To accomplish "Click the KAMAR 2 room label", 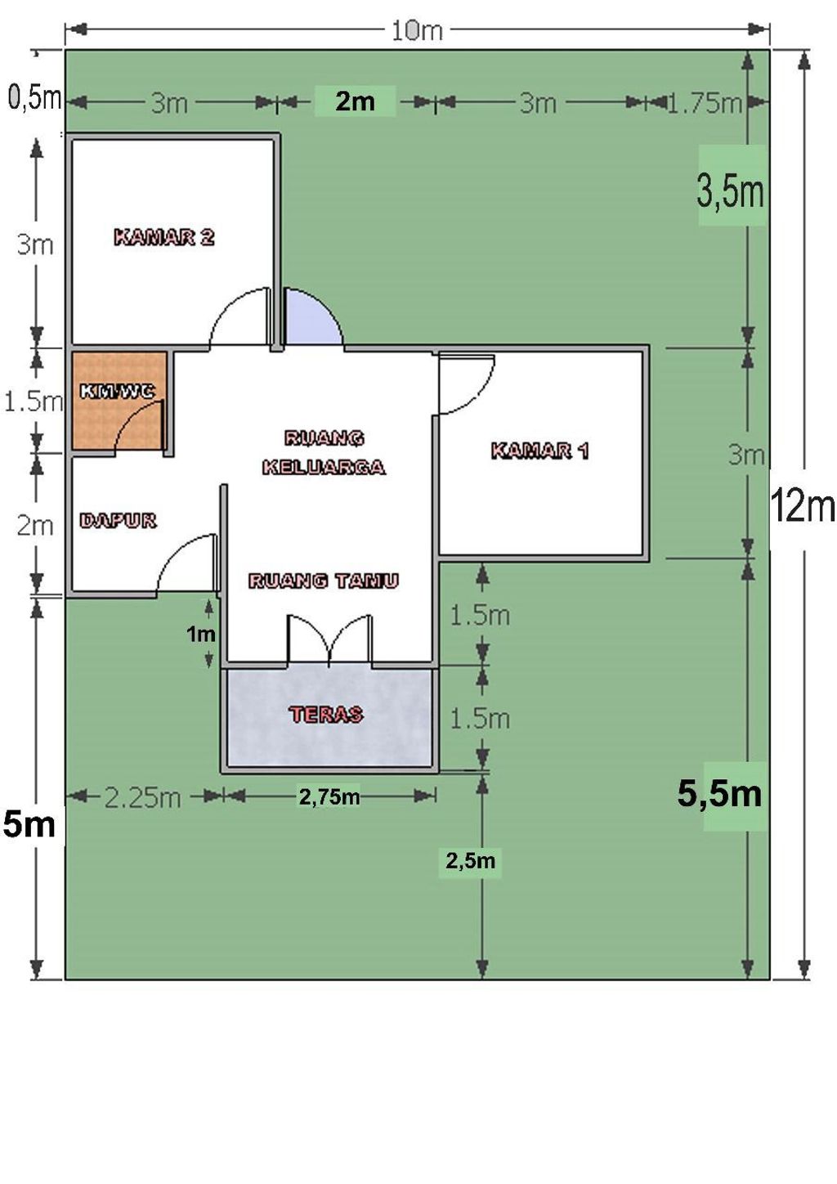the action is coord(164,237).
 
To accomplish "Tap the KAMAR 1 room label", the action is coord(540,451).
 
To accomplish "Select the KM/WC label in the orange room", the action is coord(118,391).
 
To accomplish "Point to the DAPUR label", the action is coord(118,521).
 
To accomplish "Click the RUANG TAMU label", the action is coord(324,581).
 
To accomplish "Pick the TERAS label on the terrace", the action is coord(326,715).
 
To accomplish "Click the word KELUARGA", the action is coord(324,467).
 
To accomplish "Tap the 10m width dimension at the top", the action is coord(416,31).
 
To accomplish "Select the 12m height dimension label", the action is coord(803,505).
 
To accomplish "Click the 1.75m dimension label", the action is coord(705,103).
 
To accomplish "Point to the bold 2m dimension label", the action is coord(355,101).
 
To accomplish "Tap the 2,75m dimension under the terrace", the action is coord(329,796).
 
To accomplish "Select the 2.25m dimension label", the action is coord(143,798).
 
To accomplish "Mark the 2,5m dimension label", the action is coord(470,861).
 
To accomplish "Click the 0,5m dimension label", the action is coord(35,98).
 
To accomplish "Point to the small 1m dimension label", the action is coord(201,633).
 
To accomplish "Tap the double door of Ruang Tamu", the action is coord(329,640).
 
